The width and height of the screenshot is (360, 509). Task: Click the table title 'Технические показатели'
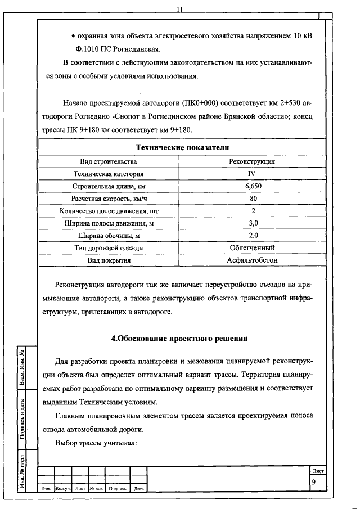tap(182, 147)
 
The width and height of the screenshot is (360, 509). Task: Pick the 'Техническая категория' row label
tap(109, 174)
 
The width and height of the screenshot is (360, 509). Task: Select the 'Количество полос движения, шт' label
tap(109, 211)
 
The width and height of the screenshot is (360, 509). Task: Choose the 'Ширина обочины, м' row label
tap(109, 236)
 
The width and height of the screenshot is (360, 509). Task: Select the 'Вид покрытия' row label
tap(109, 260)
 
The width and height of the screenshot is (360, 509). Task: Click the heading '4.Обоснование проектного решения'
tap(179, 339)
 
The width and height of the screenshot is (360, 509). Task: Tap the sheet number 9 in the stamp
tap(313, 482)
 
